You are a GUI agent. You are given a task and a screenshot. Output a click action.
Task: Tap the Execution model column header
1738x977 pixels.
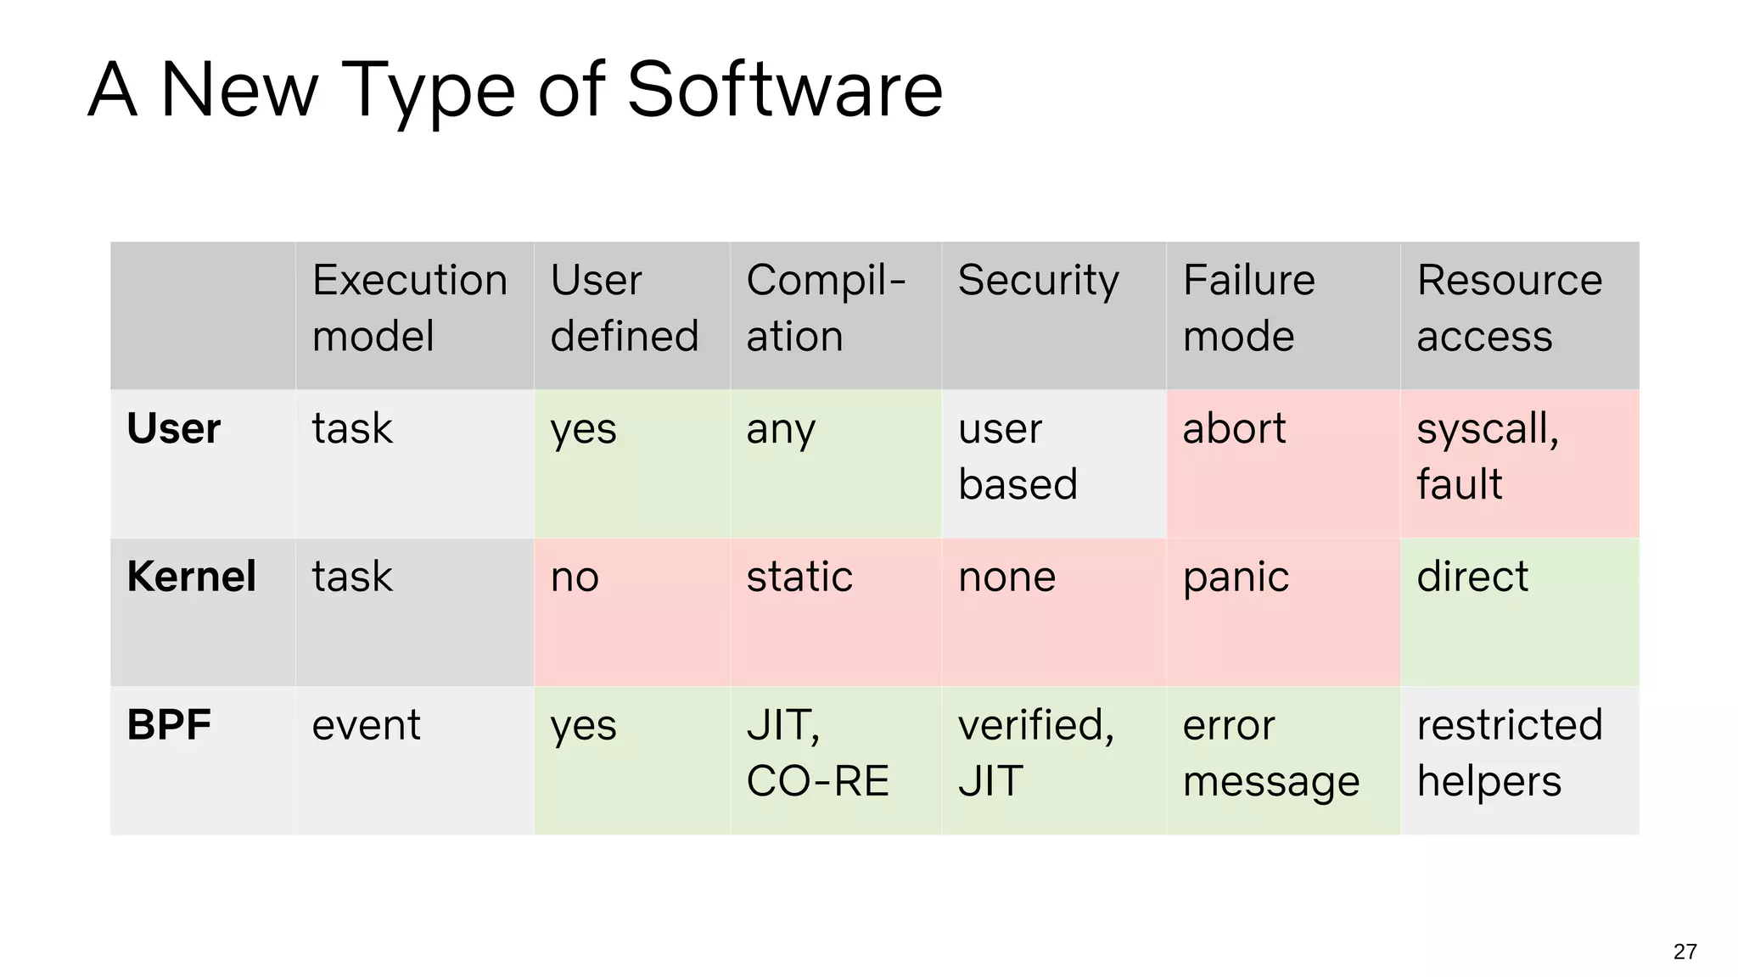point(410,308)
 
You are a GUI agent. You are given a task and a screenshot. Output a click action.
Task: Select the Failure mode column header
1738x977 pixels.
point(1248,308)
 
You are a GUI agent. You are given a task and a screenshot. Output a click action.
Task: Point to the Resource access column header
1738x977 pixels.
point(1509,308)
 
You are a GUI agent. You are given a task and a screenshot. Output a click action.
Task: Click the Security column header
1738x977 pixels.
point(1038,281)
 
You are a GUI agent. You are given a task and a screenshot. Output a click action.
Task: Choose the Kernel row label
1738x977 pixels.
point(191,577)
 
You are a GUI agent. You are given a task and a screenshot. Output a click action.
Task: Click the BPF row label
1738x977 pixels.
point(169,725)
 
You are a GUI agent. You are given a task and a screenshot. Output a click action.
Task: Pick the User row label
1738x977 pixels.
point(173,428)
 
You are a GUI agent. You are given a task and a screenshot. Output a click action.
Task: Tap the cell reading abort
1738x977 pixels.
point(1234,429)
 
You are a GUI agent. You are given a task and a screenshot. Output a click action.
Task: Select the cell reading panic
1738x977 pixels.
point(1236,578)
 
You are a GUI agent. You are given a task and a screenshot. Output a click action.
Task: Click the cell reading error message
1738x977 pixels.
point(1270,753)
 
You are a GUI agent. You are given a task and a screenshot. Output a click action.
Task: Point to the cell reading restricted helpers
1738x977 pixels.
point(1509,753)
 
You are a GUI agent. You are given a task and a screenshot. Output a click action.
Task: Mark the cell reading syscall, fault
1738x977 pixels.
point(1487,456)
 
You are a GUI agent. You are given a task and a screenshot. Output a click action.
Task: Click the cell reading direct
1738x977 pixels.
point(1472,578)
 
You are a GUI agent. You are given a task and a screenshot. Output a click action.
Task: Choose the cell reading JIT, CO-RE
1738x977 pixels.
point(817,753)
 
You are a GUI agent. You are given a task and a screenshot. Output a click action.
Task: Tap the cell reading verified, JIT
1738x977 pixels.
point(1035,753)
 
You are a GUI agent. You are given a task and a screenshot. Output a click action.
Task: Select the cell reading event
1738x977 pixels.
point(366,726)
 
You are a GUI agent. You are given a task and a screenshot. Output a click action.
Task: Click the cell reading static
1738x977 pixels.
point(799,578)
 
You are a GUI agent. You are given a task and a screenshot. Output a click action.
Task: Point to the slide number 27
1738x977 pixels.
point(1685,952)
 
